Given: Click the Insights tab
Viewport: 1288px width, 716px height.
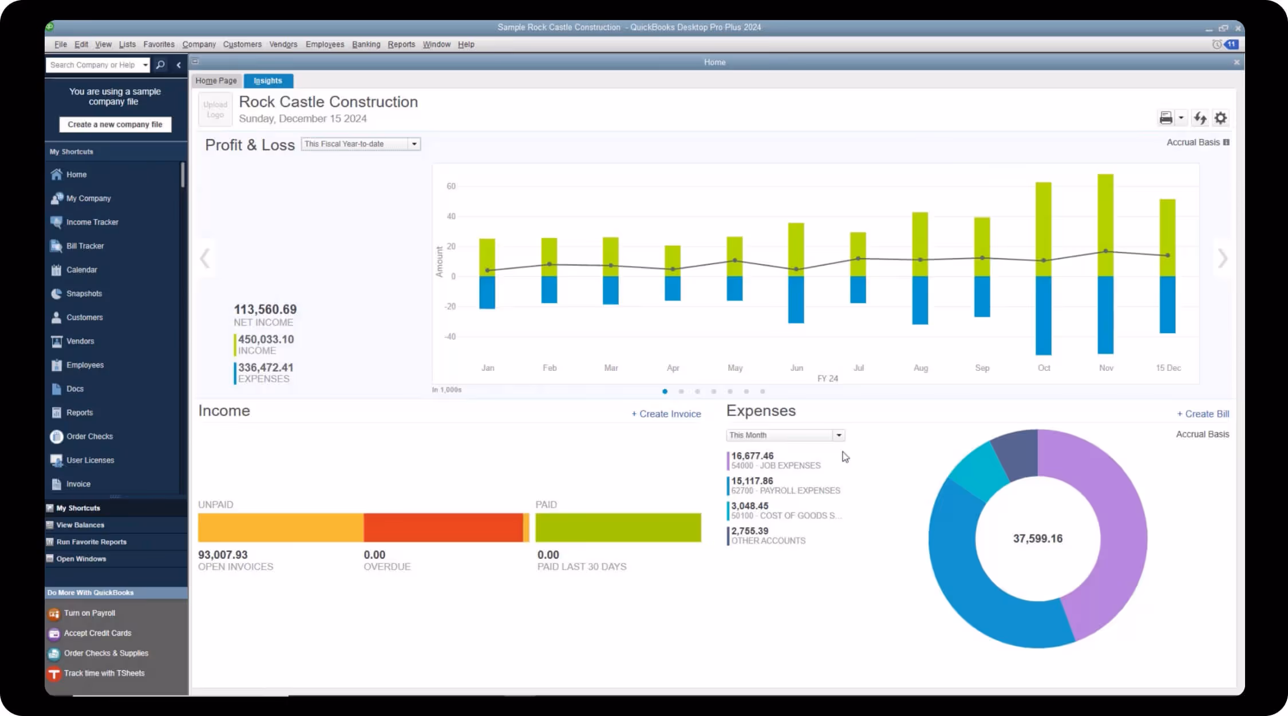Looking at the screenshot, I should click(268, 81).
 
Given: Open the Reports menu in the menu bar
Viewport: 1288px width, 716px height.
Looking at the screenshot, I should click(401, 45).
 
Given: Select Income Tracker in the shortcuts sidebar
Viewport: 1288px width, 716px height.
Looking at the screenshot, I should click(92, 222).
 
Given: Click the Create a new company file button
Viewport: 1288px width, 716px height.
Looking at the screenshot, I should click(115, 124).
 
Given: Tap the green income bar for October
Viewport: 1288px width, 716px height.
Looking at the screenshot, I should click(1043, 229).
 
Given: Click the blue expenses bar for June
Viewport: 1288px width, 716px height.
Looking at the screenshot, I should click(796, 299).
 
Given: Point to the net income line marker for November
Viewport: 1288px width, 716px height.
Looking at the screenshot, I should click(1105, 251).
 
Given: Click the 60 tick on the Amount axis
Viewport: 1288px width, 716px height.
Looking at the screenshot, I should click(451, 186).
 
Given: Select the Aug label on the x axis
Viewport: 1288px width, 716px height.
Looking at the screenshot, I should click(920, 368).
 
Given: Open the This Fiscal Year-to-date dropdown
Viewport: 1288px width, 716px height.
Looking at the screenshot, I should click(361, 144).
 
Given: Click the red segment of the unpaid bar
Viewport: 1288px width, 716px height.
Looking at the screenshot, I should click(442, 527).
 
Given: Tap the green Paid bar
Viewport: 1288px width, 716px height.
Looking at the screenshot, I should click(618, 527).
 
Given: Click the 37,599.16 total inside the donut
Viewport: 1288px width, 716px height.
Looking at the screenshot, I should click(1037, 539).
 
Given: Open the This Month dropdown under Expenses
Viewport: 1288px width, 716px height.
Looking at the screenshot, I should click(785, 436).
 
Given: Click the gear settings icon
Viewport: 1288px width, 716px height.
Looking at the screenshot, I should click(1220, 118).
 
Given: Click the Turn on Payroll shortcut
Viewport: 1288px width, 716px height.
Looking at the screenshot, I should click(89, 613).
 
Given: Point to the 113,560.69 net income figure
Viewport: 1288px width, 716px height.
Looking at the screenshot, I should click(265, 310).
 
